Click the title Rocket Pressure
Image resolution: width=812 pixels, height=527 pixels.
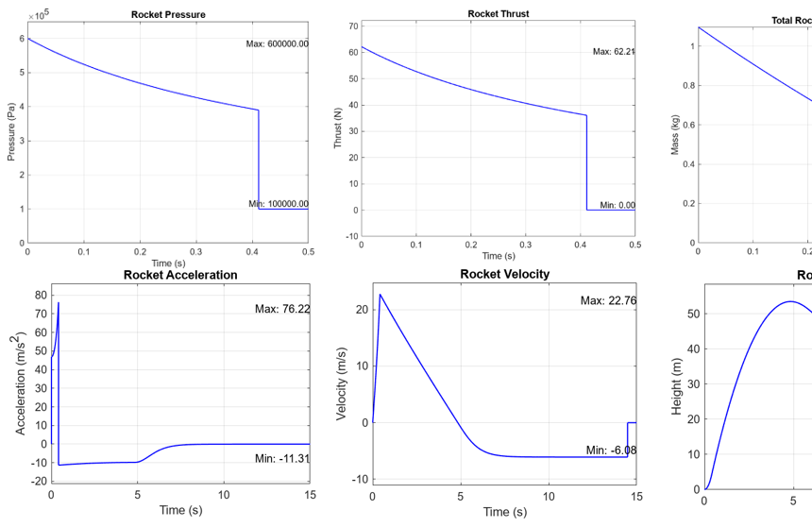167,14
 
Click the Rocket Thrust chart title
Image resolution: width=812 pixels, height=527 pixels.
498,14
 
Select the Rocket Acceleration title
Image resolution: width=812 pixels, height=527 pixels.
180,275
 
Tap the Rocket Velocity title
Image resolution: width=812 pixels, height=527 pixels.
504,274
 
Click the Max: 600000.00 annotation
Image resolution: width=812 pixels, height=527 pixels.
277,43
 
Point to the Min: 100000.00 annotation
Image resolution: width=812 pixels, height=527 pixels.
278,203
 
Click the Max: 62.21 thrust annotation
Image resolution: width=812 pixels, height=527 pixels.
614,51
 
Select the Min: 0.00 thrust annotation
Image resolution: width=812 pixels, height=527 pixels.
617,205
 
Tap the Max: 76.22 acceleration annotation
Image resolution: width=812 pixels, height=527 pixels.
282,309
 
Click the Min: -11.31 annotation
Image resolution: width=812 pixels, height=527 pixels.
282,458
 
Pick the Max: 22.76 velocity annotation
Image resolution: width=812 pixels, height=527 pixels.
608,300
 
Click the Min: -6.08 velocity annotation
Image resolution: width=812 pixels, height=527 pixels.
611,450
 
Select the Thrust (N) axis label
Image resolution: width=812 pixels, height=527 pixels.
338,127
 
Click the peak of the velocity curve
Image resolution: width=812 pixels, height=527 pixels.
381,294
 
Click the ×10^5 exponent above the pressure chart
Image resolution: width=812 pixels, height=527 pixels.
37,16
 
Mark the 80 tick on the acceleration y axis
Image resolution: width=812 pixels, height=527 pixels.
41,295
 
